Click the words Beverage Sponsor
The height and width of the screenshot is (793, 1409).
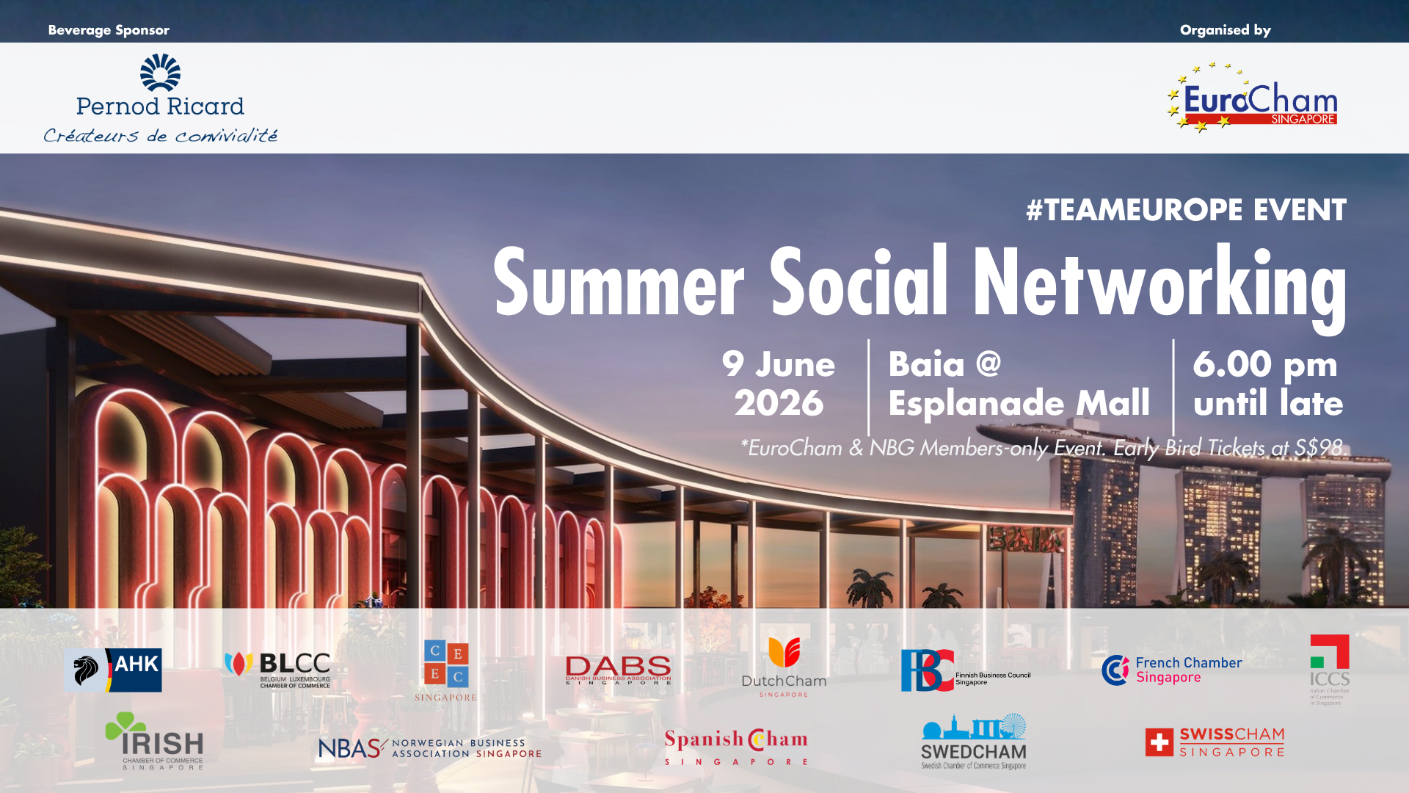pos(109,30)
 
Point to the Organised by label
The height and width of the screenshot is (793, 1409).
pos(1225,30)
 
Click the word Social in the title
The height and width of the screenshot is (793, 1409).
pos(859,283)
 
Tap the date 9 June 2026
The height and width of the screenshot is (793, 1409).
pos(779,383)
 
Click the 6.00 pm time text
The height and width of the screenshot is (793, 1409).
pos(1264,364)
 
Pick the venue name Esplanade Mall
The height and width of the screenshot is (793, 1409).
pos(1019,403)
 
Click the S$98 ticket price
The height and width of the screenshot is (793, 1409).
pos(1318,447)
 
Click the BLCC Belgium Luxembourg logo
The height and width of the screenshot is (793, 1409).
pos(277,669)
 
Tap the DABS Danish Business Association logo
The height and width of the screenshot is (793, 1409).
pos(618,670)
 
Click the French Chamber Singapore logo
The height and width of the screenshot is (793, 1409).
pos(1171,670)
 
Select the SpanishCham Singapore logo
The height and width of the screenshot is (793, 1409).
pos(736,747)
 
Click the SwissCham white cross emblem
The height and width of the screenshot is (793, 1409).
pos(1159,742)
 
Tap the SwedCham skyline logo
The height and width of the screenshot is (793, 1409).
pos(974,742)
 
